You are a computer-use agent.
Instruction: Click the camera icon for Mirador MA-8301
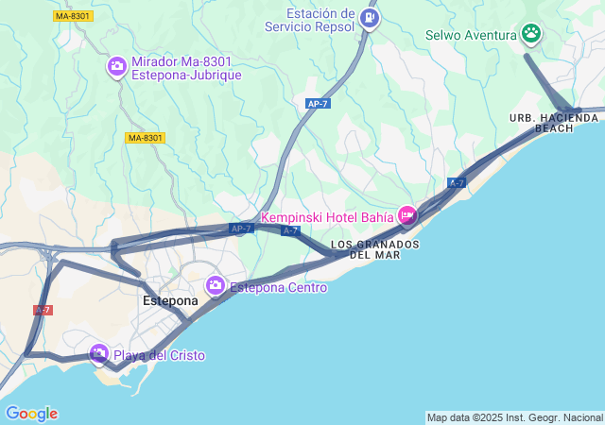[x=117, y=66]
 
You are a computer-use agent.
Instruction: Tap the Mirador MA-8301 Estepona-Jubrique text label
[x=186, y=68]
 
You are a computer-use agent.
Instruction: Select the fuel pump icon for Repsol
[x=370, y=17]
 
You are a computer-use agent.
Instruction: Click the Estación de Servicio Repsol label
[x=322, y=20]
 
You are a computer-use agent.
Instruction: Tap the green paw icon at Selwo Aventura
[x=531, y=35]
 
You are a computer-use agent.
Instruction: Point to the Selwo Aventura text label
[x=471, y=36]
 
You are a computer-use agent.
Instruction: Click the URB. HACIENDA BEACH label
[x=554, y=123]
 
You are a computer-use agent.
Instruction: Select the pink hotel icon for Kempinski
[x=407, y=216]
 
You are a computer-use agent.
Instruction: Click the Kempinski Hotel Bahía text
[x=327, y=217]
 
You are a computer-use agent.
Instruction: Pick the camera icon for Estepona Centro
[x=216, y=285]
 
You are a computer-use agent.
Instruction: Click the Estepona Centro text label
[x=279, y=287]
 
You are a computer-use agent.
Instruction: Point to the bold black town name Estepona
[x=170, y=301]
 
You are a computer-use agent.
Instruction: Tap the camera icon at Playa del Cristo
[x=99, y=353]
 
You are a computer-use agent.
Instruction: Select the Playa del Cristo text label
[x=159, y=356]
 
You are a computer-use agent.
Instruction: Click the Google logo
[x=31, y=414]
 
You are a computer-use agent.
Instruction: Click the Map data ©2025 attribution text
[x=513, y=417]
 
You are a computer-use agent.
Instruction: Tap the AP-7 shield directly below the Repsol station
[x=319, y=104]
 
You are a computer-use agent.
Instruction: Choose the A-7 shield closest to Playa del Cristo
[x=43, y=310]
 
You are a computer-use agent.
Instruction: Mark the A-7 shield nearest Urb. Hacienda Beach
[x=457, y=182]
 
